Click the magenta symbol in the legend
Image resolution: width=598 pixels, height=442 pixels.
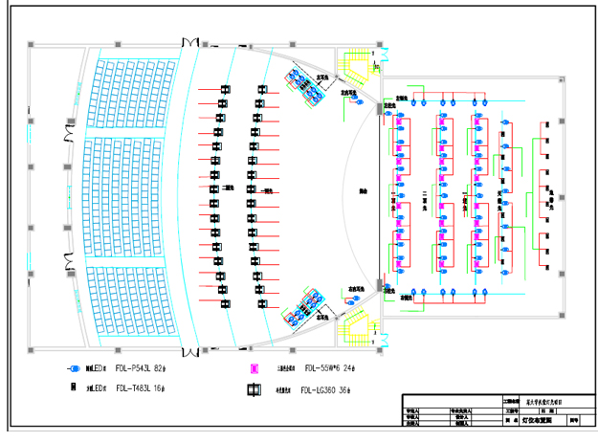coord(255,368)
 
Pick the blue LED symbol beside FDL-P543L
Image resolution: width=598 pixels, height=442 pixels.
coord(72,368)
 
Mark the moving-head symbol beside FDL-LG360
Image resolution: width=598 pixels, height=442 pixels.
coord(255,389)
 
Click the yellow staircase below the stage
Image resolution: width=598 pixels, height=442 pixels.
coord(358,326)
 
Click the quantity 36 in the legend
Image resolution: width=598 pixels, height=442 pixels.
coord(347,389)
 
